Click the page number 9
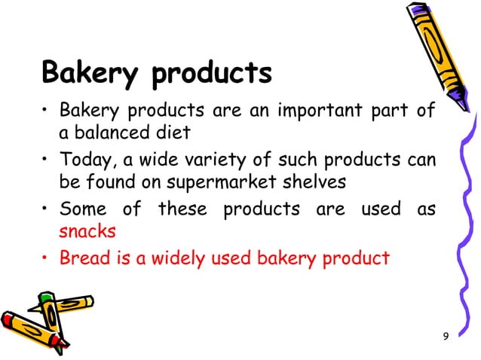click(445, 335)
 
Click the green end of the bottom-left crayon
click(45, 299)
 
